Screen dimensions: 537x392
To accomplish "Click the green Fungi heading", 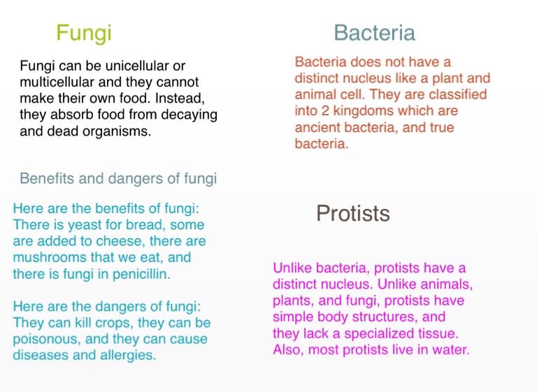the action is tap(84, 34).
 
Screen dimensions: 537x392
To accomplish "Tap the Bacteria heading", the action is tap(374, 33).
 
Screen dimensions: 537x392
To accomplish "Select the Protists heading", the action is tap(352, 213).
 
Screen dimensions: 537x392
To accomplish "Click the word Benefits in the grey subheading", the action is tap(47, 178).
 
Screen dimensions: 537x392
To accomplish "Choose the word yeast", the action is tap(84, 225).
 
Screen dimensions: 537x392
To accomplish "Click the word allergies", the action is tap(128, 356).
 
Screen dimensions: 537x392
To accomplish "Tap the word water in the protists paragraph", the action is tap(451, 350).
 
